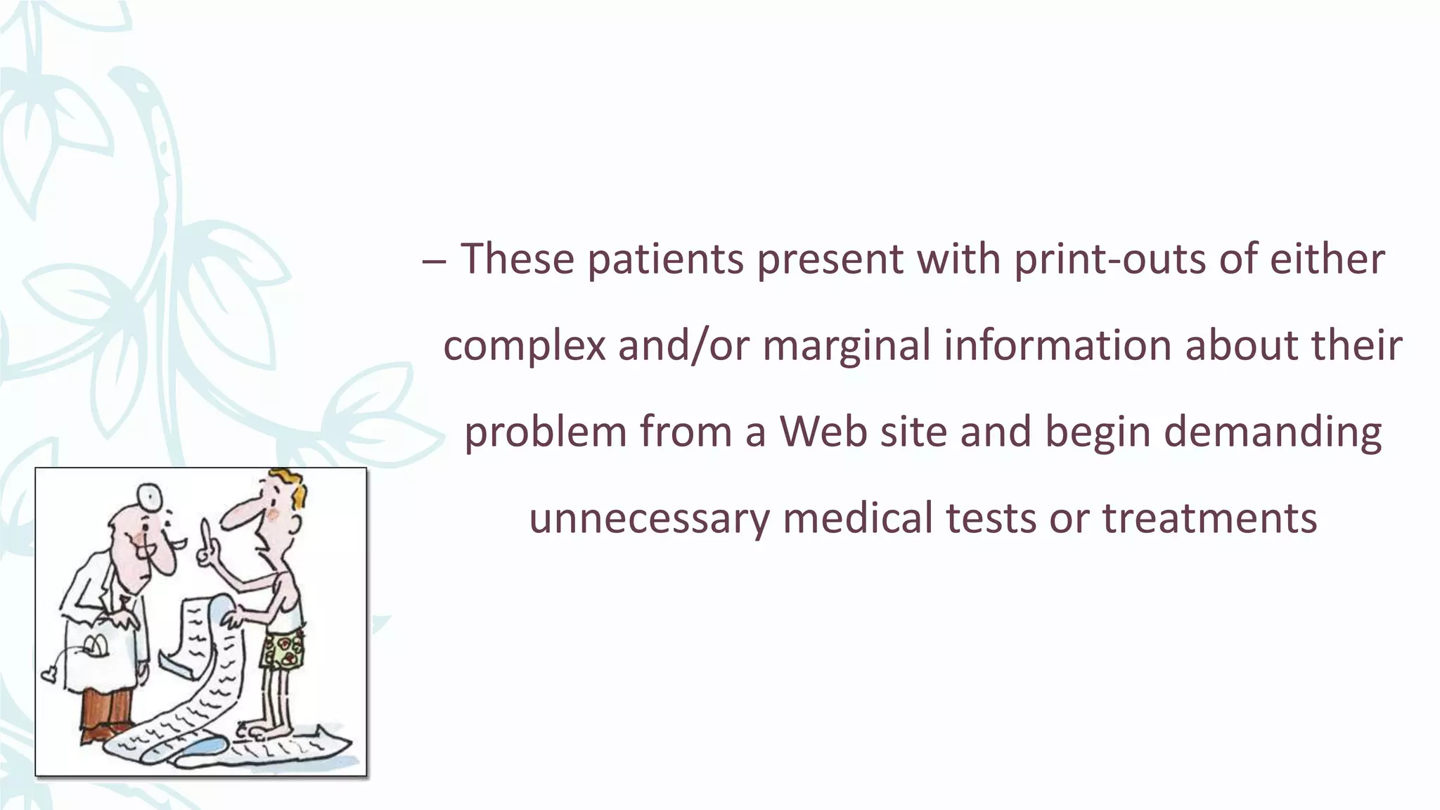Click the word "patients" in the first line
[665, 259]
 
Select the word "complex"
[524, 346]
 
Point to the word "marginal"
[847, 346]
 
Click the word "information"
[1057, 346]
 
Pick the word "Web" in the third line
[823, 432]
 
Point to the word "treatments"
[1209, 519]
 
